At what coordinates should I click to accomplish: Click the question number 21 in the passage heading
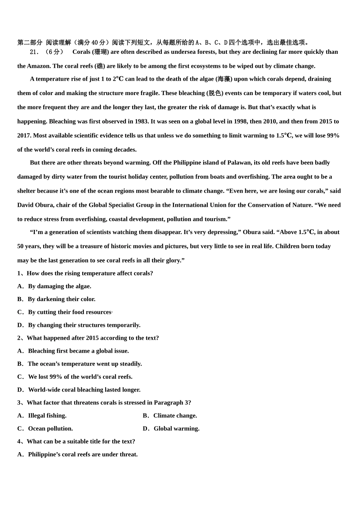tap(34, 52)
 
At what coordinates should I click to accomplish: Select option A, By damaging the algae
tap(59, 286)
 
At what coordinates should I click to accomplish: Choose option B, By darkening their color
tap(61, 299)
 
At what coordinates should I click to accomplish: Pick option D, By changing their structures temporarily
tap(84, 325)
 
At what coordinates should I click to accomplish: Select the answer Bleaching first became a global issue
tap(78, 351)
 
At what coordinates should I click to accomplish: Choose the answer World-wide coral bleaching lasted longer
tap(84, 390)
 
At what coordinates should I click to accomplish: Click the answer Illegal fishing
tap(47, 415)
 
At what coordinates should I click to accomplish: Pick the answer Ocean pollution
tap(50, 428)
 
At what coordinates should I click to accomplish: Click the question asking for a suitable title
tap(81, 441)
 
